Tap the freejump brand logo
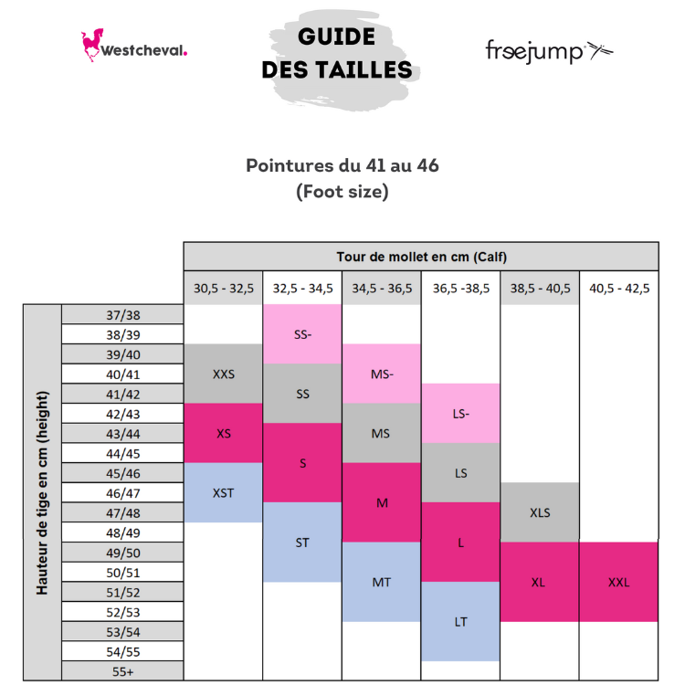coord(548,50)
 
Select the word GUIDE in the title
coord(336,37)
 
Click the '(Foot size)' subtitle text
coord(342,192)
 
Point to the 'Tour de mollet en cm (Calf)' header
coord(421,257)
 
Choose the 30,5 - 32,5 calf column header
coord(224,289)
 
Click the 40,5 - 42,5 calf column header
coord(619,289)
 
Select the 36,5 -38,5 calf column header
coord(461,289)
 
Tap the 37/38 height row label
coord(123,315)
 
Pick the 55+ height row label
coord(123,671)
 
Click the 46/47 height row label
coord(123,493)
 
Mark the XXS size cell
coord(224,374)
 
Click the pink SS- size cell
coord(302,334)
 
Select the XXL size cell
coord(619,582)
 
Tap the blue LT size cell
coord(461,621)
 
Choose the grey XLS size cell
coord(540,512)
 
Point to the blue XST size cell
coord(224,492)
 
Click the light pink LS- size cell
coord(461,413)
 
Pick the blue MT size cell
coord(382,582)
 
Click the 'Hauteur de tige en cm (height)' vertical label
coord(42,493)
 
